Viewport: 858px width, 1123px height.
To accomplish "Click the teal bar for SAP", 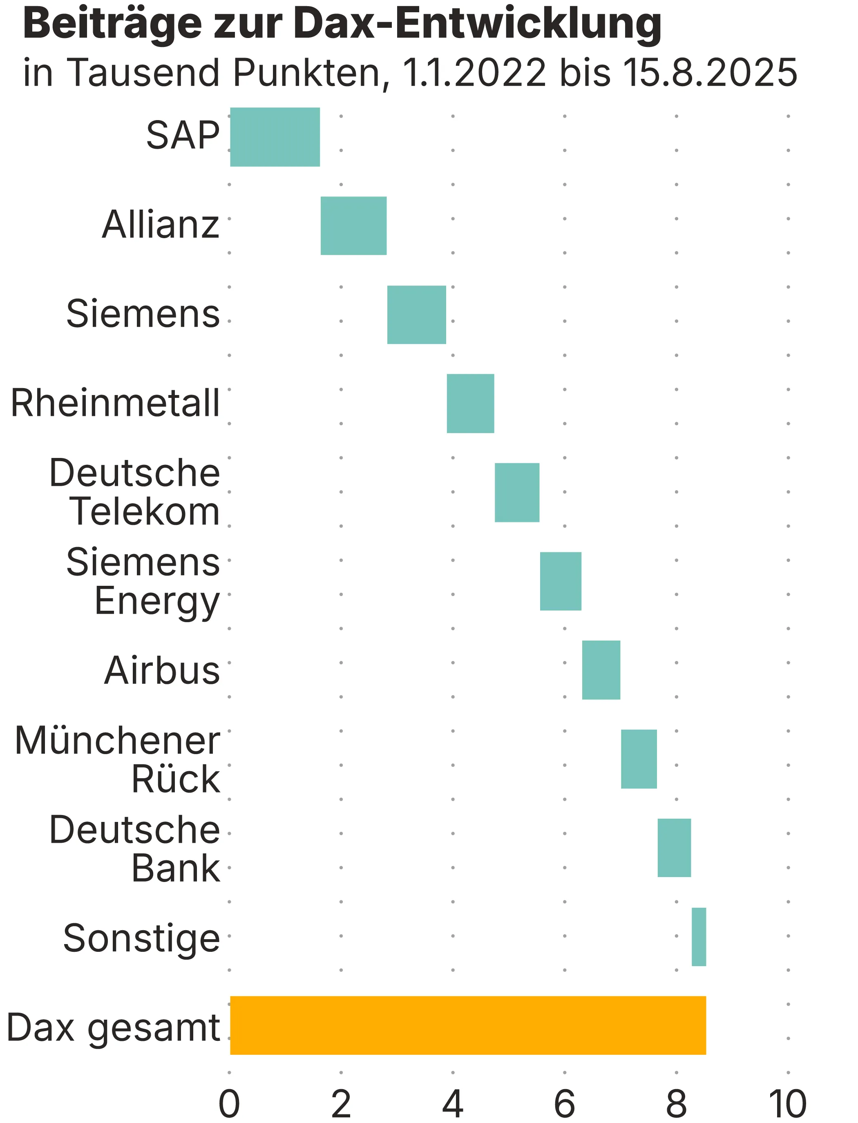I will (x=275, y=137).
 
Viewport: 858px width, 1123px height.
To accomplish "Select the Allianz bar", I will (x=353, y=226).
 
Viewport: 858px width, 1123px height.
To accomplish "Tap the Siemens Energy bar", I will (x=560, y=581).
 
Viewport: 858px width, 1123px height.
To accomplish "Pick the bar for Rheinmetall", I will (x=470, y=404).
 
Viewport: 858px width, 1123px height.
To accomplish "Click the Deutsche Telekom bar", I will (x=517, y=492).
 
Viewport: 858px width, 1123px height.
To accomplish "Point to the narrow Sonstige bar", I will (x=699, y=937).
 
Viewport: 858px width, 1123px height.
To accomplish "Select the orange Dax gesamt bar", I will (x=468, y=1025).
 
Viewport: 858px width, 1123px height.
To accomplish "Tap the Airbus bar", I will (x=601, y=670).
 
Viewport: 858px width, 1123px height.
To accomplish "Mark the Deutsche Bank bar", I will (x=674, y=848).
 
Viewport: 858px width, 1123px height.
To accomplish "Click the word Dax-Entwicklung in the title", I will (x=478, y=25).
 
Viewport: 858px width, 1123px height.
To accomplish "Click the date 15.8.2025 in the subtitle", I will (x=710, y=73).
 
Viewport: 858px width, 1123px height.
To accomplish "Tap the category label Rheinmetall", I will (x=115, y=404).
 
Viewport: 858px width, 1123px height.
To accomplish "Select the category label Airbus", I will (x=162, y=670).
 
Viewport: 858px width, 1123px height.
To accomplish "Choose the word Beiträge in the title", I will (x=112, y=25).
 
